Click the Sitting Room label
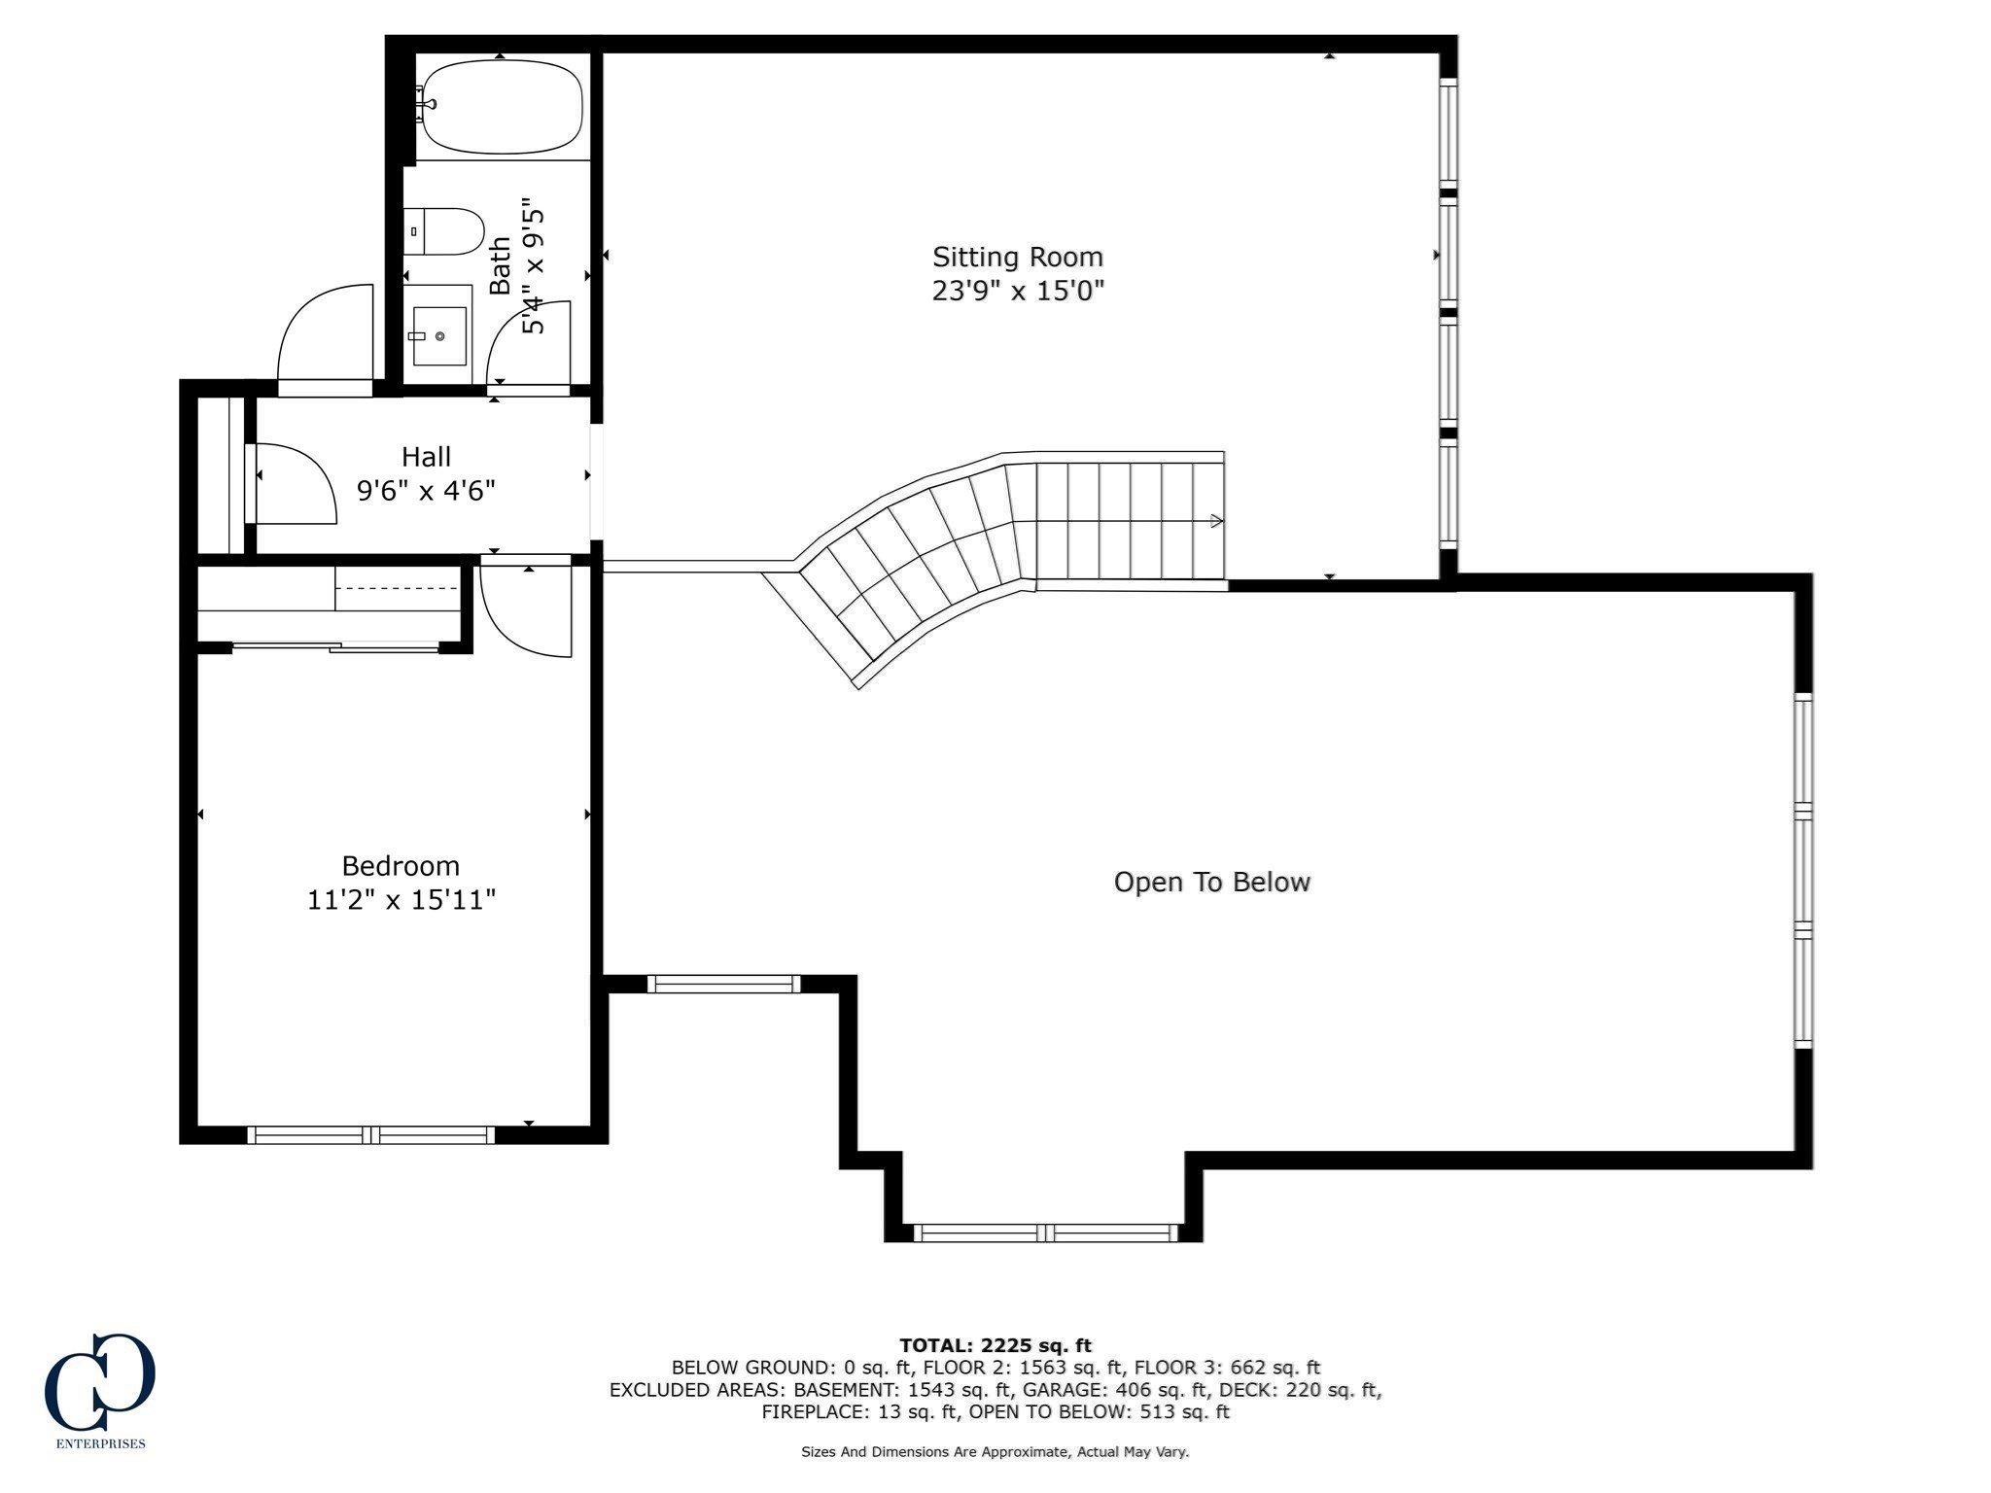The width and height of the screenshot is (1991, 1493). (1018, 258)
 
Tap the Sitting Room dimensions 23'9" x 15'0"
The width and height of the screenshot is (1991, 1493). (1018, 291)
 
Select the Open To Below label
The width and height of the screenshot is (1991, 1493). (1212, 882)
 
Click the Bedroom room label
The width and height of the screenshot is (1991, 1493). (401, 866)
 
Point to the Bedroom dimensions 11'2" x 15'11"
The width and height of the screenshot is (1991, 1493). (402, 900)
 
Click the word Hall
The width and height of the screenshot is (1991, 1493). (426, 456)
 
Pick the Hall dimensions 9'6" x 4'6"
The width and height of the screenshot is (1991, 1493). (426, 490)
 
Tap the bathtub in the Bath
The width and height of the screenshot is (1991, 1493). (502, 107)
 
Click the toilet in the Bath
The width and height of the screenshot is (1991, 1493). (444, 231)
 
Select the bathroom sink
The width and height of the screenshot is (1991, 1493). (439, 335)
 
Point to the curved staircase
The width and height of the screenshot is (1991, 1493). (992, 554)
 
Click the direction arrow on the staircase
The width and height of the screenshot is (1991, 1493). (1216, 522)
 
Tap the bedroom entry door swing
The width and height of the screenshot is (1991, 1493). (526, 610)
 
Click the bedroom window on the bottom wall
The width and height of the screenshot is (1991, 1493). (371, 1134)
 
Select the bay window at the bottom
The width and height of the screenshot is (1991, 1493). (1045, 1233)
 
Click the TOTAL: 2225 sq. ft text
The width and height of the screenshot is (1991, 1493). (995, 1345)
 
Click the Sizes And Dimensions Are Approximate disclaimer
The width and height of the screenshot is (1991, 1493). (995, 1452)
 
